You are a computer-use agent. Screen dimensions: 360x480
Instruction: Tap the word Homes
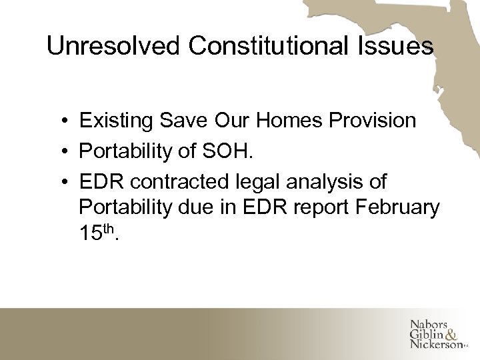[x=284, y=121]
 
